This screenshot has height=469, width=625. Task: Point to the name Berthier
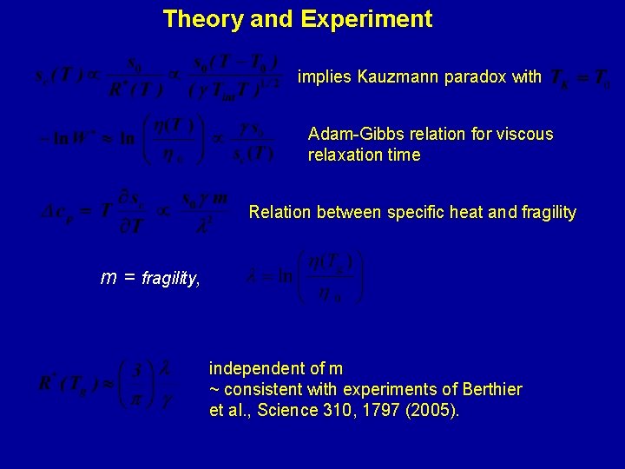(x=490, y=389)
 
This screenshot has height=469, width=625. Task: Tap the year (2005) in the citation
(x=432, y=410)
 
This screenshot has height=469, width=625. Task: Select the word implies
(x=324, y=77)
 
